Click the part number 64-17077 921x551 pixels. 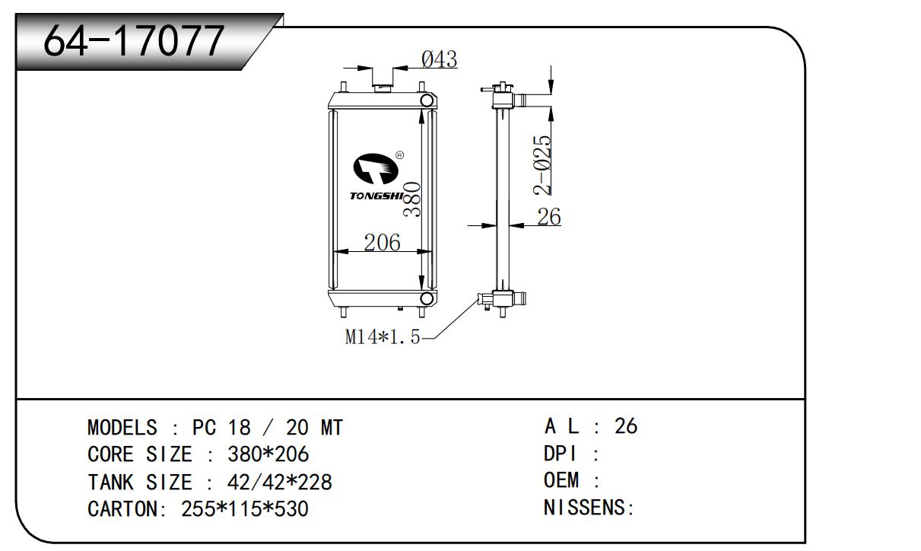click(134, 41)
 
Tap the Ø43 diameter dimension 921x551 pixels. click(440, 59)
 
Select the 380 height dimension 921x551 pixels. click(411, 199)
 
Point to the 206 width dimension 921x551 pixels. click(382, 242)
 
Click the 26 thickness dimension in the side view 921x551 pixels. click(548, 217)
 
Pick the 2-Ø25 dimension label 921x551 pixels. click(541, 165)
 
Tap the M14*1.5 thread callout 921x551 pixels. click(383, 337)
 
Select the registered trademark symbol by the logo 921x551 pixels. click(400, 155)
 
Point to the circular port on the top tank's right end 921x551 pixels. click(427, 100)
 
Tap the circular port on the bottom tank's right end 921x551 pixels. click(427, 298)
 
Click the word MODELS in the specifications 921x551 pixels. click(122, 428)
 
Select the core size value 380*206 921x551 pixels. click(268, 455)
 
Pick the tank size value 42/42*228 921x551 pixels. click(279, 483)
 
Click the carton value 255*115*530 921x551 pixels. click(245, 509)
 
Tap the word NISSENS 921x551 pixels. click(586, 508)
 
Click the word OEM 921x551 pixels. click(561, 481)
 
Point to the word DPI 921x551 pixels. click(561, 454)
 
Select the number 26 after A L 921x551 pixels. click(625, 426)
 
